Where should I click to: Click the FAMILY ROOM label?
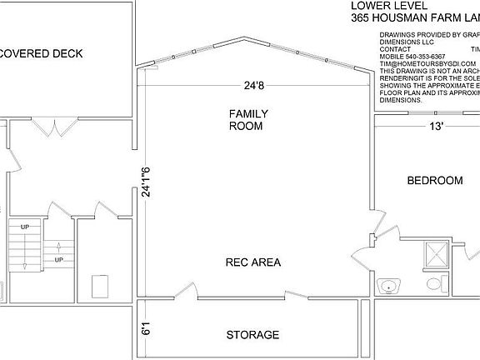(x=246, y=119)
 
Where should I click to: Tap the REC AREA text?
(x=253, y=262)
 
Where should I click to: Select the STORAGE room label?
(x=252, y=335)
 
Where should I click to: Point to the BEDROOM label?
(x=434, y=181)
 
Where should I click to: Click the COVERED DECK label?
(x=42, y=53)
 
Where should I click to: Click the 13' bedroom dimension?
(x=436, y=127)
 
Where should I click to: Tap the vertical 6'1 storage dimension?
(x=145, y=328)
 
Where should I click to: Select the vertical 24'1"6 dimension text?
(x=145, y=179)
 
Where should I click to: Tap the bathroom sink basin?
(x=387, y=287)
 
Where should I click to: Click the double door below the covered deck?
(x=56, y=127)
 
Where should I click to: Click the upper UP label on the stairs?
(x=24, y=226)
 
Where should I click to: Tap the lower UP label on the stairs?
(x=59, y=259)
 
